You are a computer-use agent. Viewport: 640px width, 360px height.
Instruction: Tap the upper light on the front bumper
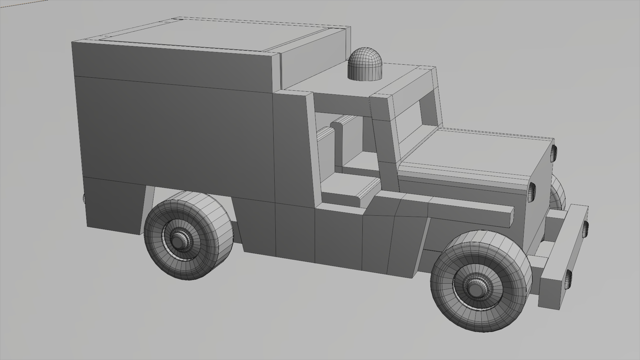[x=586, y=229]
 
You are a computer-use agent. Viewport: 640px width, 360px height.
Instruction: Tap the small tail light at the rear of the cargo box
[x=84, y=199]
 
